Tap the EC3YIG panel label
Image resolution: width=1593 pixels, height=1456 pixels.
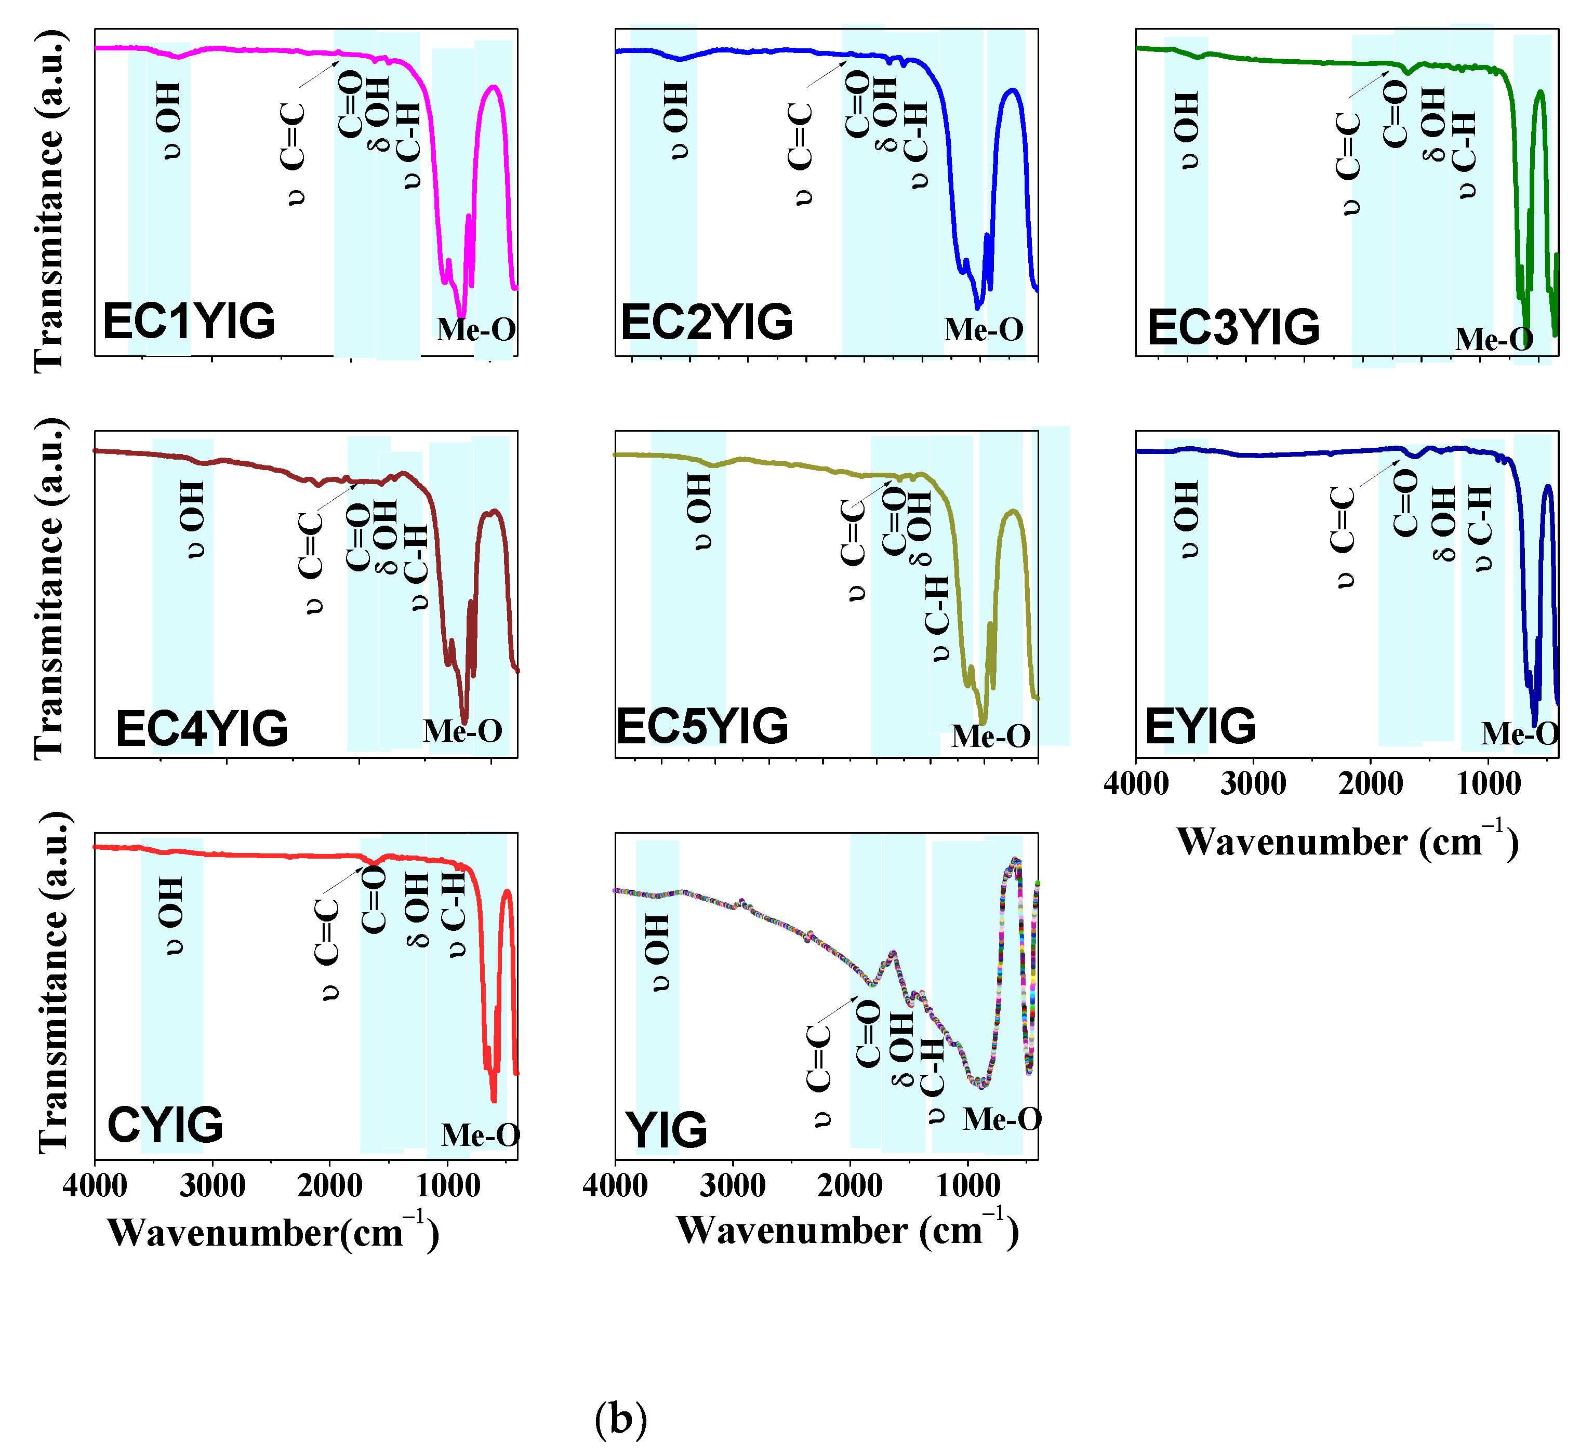[1232, 327]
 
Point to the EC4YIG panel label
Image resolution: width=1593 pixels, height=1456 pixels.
[202, 728]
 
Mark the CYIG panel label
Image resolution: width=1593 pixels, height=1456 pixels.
[165, 1125]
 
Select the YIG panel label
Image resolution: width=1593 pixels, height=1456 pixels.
[666, 1130]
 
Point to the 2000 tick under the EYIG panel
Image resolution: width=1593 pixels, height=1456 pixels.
[1370, 784]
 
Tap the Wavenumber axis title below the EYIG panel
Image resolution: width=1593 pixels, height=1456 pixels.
[1347, 842]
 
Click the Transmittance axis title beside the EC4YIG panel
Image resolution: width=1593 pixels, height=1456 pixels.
[49, 589]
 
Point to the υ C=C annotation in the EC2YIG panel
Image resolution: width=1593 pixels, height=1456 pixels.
[801, 154]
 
